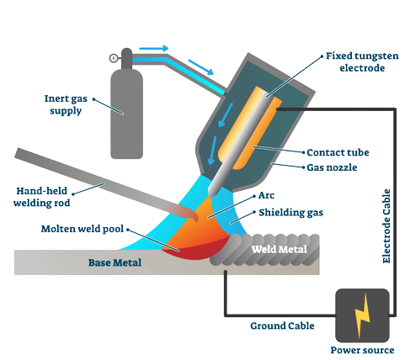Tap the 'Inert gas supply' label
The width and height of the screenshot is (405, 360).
(x=67, y=104)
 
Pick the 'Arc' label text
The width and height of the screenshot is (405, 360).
(x=267, y=195)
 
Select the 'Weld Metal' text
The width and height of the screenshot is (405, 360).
(x=278, y=249)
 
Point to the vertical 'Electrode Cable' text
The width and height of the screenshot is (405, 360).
(x=386, y=224)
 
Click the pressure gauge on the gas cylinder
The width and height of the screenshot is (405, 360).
(x=113, y=58)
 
